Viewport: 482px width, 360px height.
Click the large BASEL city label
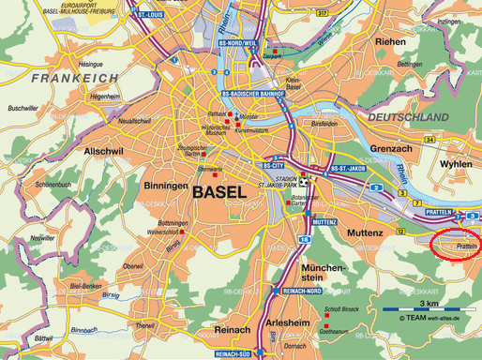click(223, 192)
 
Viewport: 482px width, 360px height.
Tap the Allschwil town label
click(105, 150)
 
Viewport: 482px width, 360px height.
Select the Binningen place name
click(166, 186)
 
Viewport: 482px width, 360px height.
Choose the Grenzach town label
click(390, 148)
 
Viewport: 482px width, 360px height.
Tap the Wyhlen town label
click(456, 163)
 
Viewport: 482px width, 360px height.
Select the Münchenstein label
click(324, 273)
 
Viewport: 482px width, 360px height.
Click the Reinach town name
click(232, 331)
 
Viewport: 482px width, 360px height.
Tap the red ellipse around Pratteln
click(455, 244)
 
